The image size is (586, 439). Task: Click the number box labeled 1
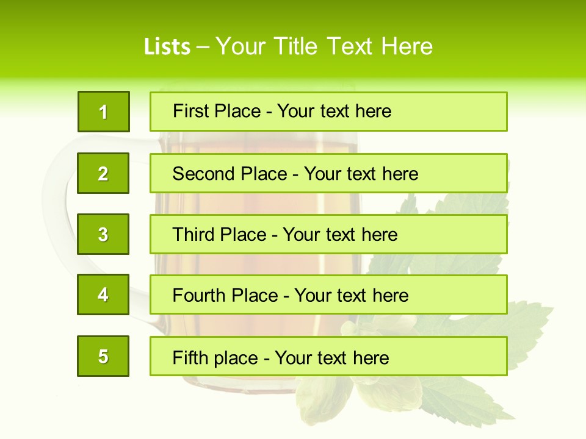tap(104, 112)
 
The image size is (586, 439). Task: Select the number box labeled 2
tap(103, 173)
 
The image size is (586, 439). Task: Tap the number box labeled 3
tap(103, 234)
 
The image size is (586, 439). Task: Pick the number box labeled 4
tap(103, 294)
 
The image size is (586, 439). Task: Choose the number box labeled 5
tap(103, 356)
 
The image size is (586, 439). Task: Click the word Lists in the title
tap(167, 47)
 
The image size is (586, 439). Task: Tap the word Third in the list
tap(195, 235)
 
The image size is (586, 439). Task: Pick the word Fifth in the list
tap(189, 357)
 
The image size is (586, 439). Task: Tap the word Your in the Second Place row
tap(323, 174)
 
